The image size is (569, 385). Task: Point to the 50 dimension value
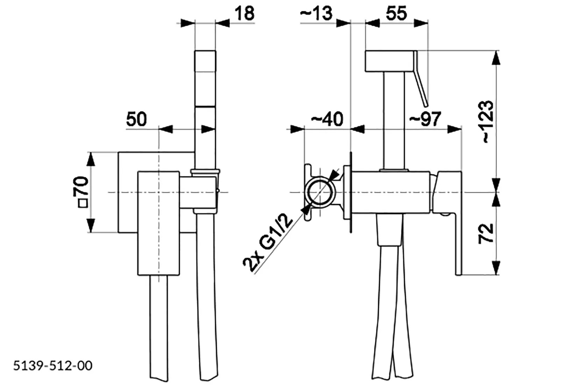click(136, 119)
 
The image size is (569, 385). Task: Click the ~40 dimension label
click(327, 119)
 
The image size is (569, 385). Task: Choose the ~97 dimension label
click(425, 119)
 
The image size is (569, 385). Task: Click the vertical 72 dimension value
click(485, 234)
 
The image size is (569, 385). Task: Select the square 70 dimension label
click(81, 192)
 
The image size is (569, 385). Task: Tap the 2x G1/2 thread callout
click(268, 243)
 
